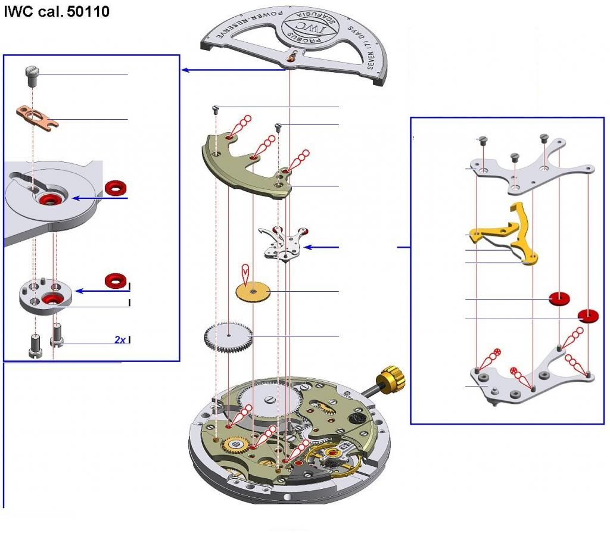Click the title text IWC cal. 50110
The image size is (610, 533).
click(57, 11)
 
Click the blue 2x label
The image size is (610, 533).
click(120, 340)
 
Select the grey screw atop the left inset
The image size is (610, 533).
click(32, 74)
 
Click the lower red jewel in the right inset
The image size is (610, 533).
click(588, 316)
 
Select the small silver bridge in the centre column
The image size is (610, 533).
click(285, 243)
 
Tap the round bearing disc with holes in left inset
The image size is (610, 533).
click(48, 295)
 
